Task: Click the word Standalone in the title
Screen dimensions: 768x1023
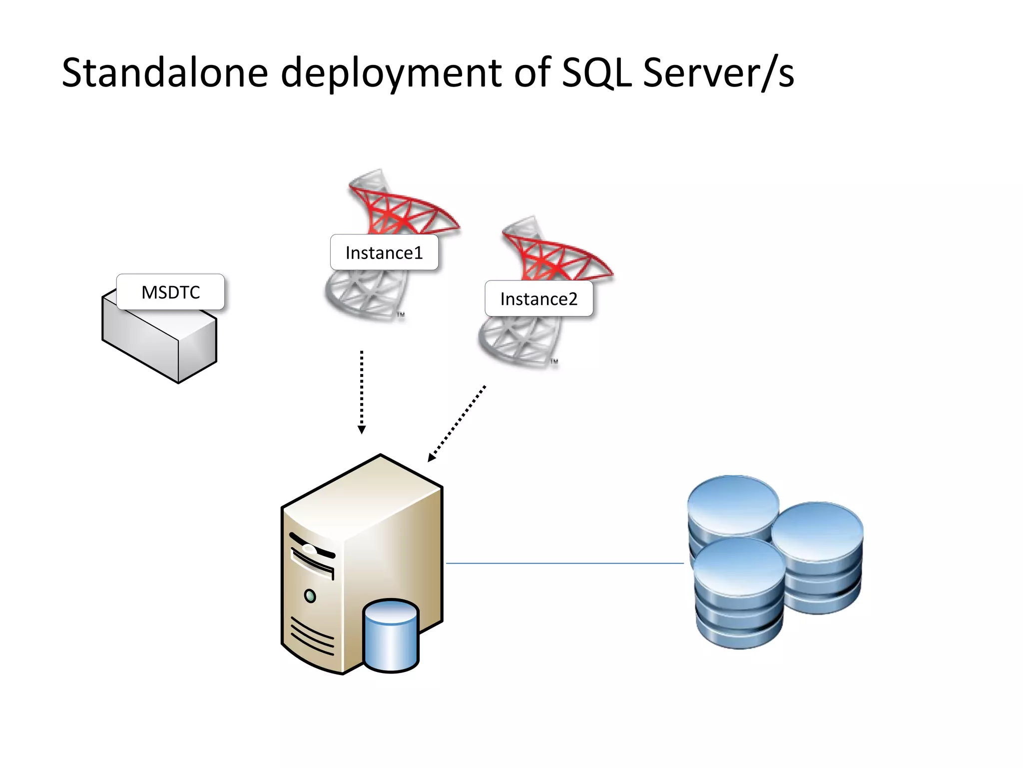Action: click(x=165, y=73)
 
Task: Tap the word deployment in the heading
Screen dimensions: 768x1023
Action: click(x=391, y=73)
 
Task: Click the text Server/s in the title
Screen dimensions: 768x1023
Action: click(x=718, y=73)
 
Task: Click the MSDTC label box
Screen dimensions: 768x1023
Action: click(x=170, y=292)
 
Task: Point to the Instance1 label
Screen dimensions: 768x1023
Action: click(x=384, y=252)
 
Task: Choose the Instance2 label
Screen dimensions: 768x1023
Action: click(x=538, y=298)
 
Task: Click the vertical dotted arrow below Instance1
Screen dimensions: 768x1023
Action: click(x=362, y=390)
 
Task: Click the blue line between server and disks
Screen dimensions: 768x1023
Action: click(x=564, y=563)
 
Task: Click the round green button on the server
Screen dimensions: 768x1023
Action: click(x=310, y=596)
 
